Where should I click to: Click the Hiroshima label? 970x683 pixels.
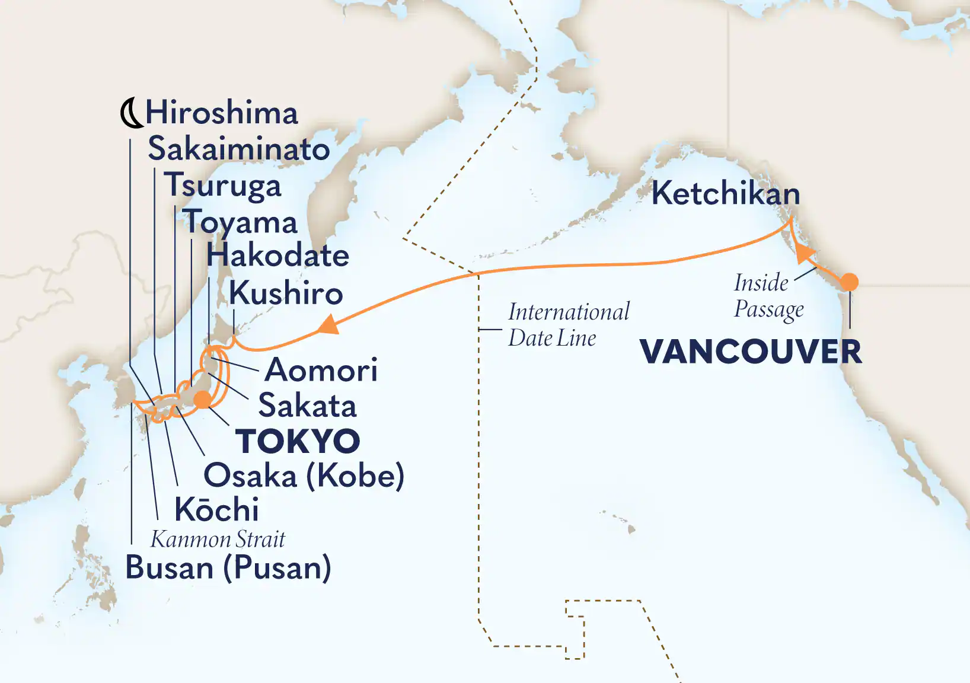(x=222, y=113)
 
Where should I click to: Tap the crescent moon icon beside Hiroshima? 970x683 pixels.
(x=131, y=113)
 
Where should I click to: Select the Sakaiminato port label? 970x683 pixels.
(x=238, y=149)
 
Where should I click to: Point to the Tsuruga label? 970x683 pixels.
(x=222, y=185)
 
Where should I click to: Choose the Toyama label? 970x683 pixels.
(x=240, y=222)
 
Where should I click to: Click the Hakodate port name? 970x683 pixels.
(x=277, y=256)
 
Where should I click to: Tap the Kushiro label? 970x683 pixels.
(x=286, y=293)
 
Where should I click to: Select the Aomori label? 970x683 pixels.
(x=321, y=370)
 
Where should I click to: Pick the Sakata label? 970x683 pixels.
(x=307, y=406)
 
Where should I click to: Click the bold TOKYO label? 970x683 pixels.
(x=298, y=441)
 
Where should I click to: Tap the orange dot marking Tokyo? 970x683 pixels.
(x=203, y=400)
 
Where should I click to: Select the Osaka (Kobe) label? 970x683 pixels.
(x=304, y=475)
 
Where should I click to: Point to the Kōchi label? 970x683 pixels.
(x=216, y=509)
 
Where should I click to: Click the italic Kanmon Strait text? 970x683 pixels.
(x=218, y=540)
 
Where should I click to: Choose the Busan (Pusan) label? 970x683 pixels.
(x=228, y=568)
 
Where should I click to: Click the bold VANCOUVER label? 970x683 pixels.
(x=751, y=352)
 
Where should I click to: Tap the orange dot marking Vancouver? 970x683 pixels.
(x=850, y=282)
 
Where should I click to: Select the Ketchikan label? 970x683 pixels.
(x=726, y=194)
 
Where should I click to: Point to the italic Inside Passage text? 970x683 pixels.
(x=768, y=296)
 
